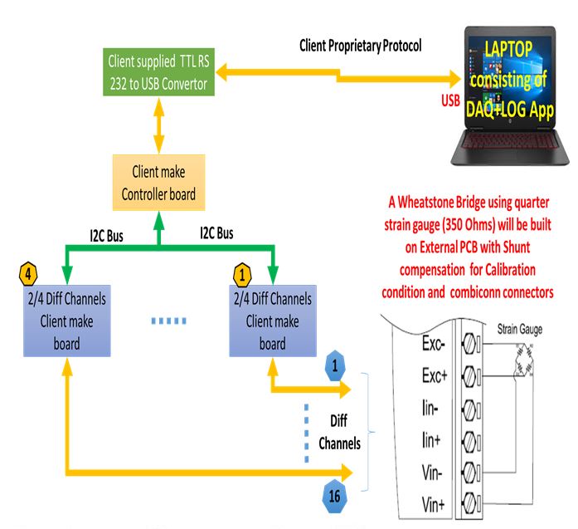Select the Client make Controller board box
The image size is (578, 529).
158,184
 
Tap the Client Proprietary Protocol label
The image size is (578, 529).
361,46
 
